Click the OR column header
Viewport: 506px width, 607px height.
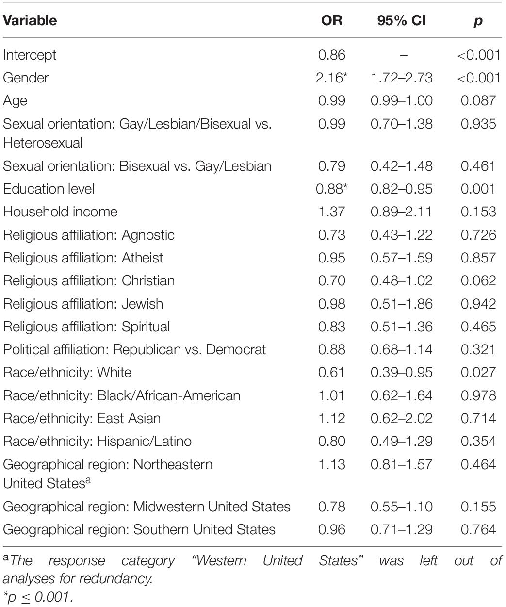coord(332,20)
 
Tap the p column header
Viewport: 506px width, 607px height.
coord(478,21)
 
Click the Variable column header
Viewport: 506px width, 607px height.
coord(30,20)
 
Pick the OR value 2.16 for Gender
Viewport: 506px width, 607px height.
coord(332,78)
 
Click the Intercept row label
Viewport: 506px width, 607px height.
coord(30,55)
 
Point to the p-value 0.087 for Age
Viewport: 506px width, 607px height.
coord(478,100)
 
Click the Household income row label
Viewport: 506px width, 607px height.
coord(60,212)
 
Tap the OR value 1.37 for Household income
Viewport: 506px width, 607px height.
coord(332,212)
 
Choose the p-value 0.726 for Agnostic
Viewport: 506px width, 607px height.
coord(478,235)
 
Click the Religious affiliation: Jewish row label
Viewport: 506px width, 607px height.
coord(83,304)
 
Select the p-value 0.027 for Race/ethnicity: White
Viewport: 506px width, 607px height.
coord(478,372)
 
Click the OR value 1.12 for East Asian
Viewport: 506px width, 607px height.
coord(332,418)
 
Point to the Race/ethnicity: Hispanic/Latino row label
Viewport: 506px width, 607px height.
coord(97,441)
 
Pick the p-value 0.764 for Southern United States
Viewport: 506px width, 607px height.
coord(478,529)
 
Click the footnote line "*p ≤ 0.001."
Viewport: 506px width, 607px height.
coord(37,597)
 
